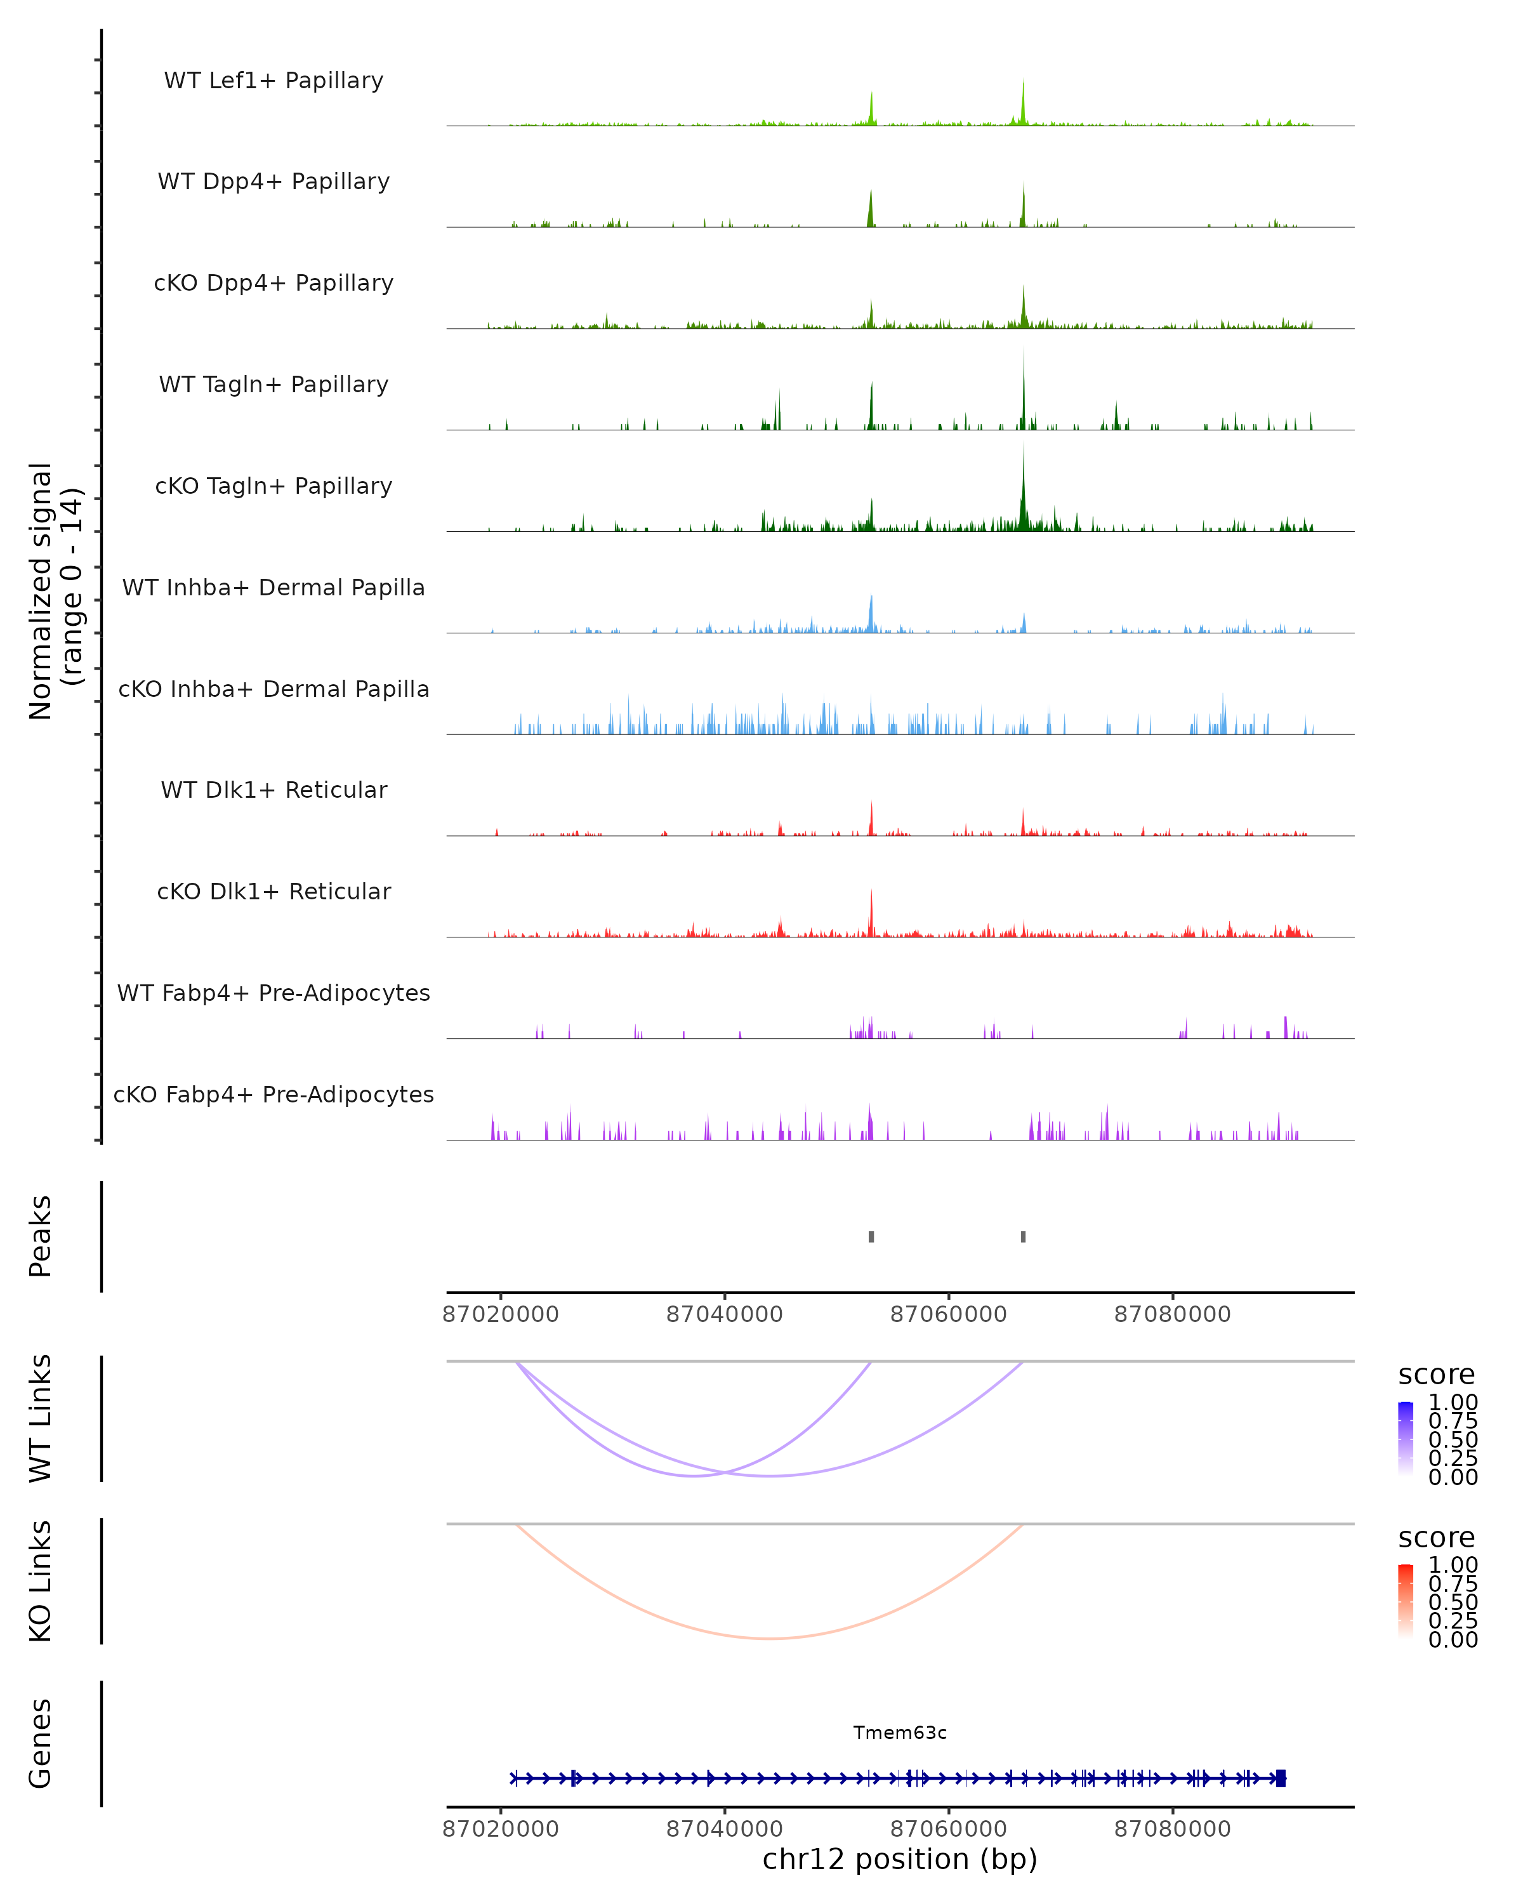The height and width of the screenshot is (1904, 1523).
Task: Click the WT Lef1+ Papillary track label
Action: click(274, 81)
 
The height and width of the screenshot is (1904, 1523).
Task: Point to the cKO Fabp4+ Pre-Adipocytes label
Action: click(274, 1094)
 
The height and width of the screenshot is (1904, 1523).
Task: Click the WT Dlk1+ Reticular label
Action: click(274, 790)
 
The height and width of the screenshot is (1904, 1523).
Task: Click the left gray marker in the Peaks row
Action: click(871, 1236)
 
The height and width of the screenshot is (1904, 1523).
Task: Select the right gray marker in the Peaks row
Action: click(1024, 1236)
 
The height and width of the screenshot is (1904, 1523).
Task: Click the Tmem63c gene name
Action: click(900, 1733)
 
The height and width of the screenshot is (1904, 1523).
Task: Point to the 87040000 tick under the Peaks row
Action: click(724, 1314)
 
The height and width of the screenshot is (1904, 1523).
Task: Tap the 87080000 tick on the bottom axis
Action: click(1173, 1829)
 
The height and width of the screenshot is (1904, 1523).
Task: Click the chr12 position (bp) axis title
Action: click(900, 1860)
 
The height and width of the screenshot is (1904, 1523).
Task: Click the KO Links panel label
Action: click(41, 1581)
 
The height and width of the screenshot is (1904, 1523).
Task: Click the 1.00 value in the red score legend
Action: click(1453, 1565)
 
